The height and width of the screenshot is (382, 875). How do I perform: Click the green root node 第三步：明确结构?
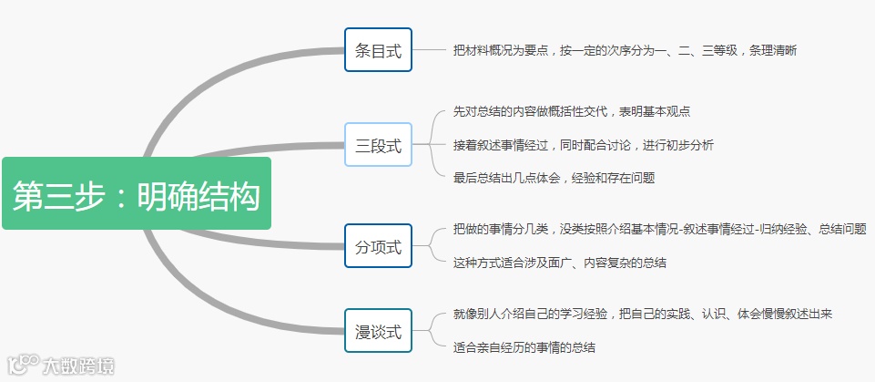137,193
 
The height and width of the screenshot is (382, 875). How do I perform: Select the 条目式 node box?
378,49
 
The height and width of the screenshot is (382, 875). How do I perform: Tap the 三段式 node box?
378,144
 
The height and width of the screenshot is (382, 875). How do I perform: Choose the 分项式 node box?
378,245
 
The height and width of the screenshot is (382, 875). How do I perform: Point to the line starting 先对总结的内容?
571,111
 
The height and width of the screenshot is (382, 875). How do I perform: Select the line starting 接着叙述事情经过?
583,144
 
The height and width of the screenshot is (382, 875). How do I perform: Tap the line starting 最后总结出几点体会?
554,178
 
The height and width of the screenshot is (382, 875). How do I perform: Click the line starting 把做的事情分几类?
659,229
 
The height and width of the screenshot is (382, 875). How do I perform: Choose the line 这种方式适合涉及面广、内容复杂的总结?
559,263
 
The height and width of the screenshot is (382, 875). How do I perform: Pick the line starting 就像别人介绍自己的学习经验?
643,314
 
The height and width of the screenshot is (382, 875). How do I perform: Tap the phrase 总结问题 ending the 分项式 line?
842,229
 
